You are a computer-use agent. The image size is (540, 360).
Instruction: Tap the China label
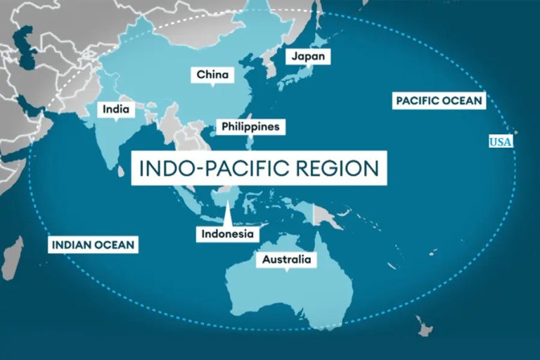[x=212, y=75]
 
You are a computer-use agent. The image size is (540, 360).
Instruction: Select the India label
[x=115, y=109]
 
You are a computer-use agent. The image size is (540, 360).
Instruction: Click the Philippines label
[x=250, y=127]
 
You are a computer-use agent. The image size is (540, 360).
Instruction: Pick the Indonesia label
[x=227, y=233]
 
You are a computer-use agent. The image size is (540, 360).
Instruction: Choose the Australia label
[x=286, y=260]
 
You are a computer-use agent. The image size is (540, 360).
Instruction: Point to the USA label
[x=501, y=142]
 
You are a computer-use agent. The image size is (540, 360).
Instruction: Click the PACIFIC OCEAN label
[x=439, y=101]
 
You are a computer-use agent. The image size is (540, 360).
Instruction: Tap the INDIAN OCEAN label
[x=93, y=245]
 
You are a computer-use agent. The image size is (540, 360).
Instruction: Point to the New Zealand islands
[x=423, y=326]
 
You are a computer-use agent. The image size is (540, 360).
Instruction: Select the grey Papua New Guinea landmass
[x=326, y=214]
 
